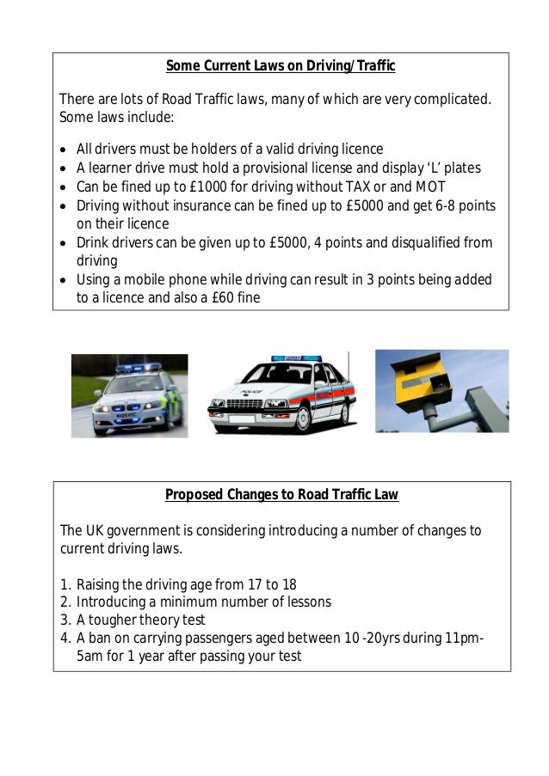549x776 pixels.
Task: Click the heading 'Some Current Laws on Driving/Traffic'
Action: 280,66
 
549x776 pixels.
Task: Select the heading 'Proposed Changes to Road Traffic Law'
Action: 281,494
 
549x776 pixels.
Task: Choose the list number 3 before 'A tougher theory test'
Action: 65,620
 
